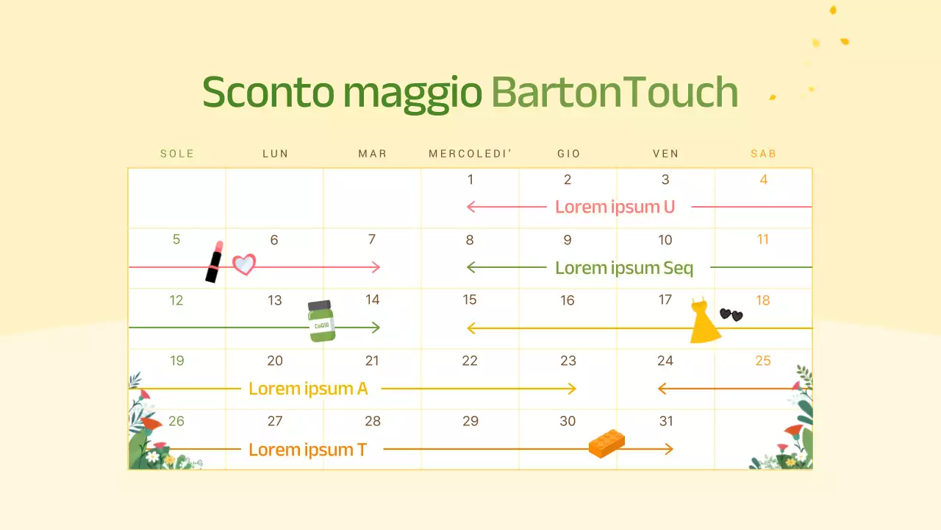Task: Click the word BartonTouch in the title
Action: [614, 93]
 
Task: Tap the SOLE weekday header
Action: [177, 154]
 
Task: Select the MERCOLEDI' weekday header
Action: [470, 154]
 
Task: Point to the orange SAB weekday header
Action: [763, 154]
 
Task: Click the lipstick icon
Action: [214, 261]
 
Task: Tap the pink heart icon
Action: [244, 264]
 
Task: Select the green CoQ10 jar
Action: [322, 321]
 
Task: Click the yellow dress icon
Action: [705, 322]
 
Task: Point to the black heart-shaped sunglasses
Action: [731, 315]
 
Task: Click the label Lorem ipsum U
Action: [615, 207]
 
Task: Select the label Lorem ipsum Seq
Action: [624, 268]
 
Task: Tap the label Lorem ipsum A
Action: [308, 389]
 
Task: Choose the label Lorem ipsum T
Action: [307, 449]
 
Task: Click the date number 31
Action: [666, 421]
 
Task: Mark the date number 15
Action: [470, 300]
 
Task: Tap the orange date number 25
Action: [763, 361]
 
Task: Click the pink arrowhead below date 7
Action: [377, 267]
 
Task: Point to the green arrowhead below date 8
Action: [470, 267]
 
